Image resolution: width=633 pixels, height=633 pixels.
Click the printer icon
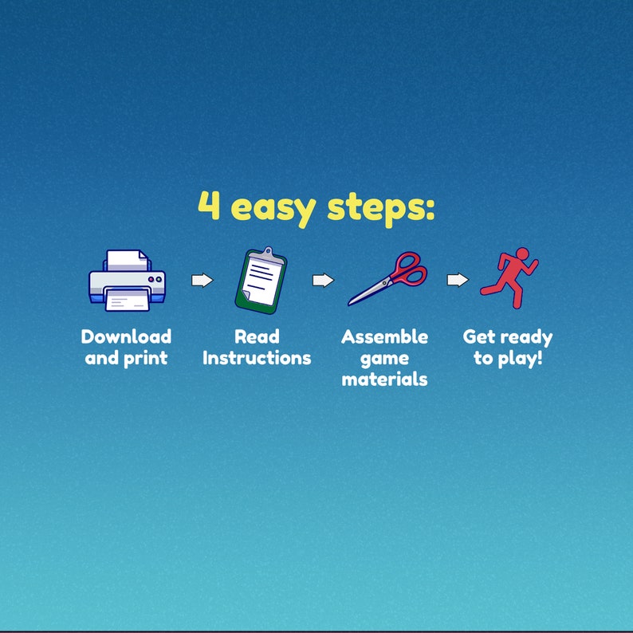coord(127,280)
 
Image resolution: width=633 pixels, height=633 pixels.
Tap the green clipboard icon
coord(261,280)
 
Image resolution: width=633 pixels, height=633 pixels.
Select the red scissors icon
coord(387,278)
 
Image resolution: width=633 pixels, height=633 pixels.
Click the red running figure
coord(509,277)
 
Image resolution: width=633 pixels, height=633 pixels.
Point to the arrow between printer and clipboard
coord(202,280)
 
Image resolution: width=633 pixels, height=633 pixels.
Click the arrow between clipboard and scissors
coord(324,280)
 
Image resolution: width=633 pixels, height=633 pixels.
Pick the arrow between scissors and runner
coord(458,279)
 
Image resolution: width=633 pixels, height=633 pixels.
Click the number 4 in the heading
coord(209,205)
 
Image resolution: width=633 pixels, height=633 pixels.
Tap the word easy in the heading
coord(273,209)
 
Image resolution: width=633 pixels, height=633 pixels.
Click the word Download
coord(126,336)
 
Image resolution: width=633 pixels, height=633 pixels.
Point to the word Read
coord(257,336)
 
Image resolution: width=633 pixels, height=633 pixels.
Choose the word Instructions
coord(257,358)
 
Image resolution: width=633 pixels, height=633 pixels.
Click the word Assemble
coord(384,336)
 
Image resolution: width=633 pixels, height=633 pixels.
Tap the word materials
coord(384,379)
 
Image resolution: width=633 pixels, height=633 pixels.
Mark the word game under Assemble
coord(384,359)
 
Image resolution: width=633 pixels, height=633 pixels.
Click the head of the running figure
coord(522,254)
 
